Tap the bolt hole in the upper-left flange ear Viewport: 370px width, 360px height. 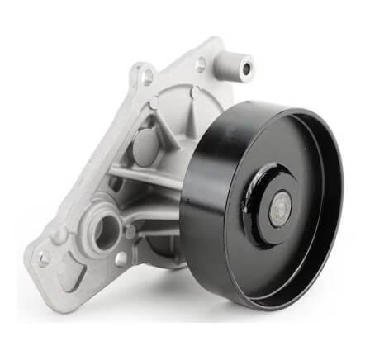click(147, 78)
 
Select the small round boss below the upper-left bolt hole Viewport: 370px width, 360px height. click(154, 102)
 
